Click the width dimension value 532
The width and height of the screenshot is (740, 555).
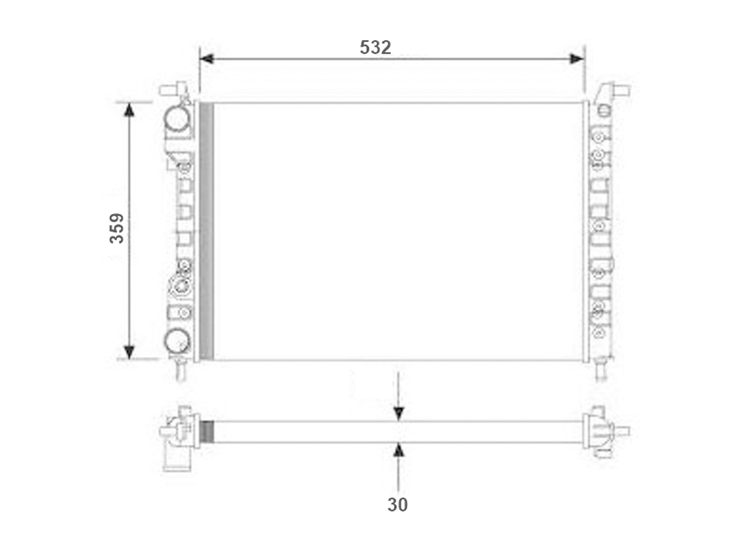(375, 47)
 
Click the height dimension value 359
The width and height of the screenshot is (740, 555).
(117, 228)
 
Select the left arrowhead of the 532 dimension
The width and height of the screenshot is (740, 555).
(207, 59)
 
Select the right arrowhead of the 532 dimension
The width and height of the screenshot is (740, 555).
(577, 59)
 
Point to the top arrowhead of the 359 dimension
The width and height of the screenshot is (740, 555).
(129, 110)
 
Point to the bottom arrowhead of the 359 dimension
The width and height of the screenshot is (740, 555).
(129, 352)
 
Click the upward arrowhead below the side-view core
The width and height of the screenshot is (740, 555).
(398, 450)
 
